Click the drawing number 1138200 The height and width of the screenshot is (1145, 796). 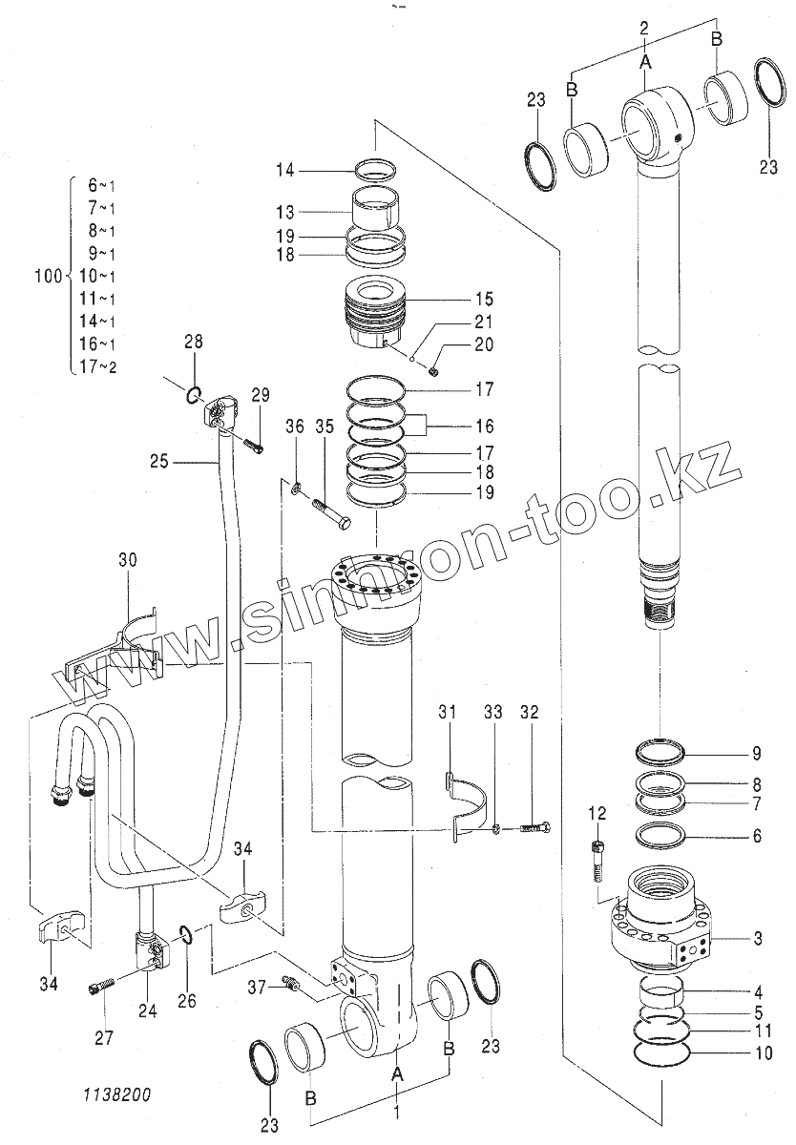coord(116,1095)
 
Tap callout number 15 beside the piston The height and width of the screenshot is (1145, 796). coord(484,299)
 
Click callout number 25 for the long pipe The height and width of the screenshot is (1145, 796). coord(159,463)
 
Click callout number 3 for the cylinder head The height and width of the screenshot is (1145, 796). coord(757,939)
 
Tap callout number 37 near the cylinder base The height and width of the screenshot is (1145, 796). coord(256,986)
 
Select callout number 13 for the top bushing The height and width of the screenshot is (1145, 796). coord(285,212)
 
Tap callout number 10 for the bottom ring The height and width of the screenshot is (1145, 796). coord(757,1054)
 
